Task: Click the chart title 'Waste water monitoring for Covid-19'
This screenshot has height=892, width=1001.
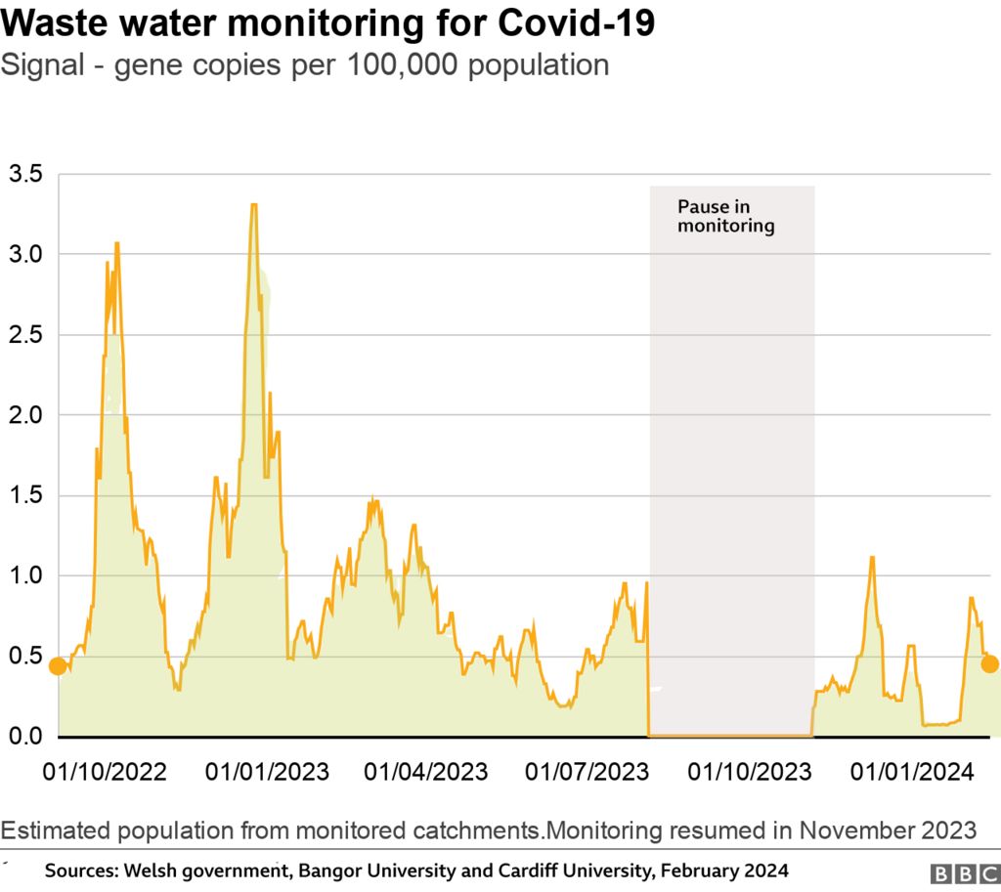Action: (x=327, y=24)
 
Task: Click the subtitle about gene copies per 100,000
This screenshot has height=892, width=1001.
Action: (x=305, y=65)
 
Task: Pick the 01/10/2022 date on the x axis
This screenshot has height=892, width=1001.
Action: (x=105, y=772)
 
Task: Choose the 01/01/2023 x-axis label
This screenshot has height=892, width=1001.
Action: (x=266, y=772)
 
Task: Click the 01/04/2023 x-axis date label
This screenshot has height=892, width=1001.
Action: (x=425, y=772)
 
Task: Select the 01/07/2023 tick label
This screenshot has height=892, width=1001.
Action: (x=587, y=772)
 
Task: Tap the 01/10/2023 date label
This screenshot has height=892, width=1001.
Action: (x=749, y=772)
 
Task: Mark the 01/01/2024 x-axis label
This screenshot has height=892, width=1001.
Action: (x=910, y=772)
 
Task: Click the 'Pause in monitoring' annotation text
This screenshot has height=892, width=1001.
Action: (x=725, y=217)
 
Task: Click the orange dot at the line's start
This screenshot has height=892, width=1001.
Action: (x=58, y=666)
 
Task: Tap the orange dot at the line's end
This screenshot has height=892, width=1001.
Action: (x=989, y=664)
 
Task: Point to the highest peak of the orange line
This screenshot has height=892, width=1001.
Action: (x=253, y=205)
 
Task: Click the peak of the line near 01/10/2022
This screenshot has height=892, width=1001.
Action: (x=116, y=243)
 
